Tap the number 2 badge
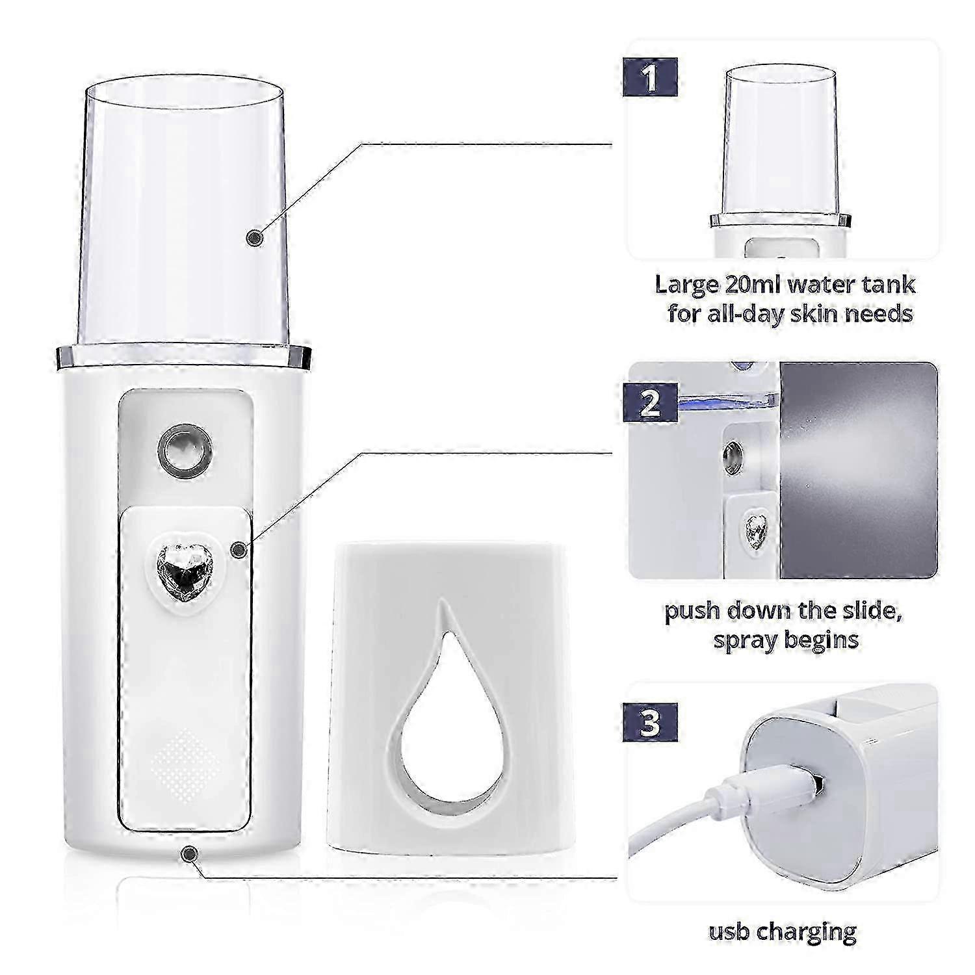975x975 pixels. [x=650, y=404]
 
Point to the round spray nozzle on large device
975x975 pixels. [x=185, y=447]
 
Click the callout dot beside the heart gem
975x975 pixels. [x=239, y=550]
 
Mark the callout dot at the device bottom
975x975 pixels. [x=189, y=853]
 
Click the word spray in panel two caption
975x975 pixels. [x=746, y=640]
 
